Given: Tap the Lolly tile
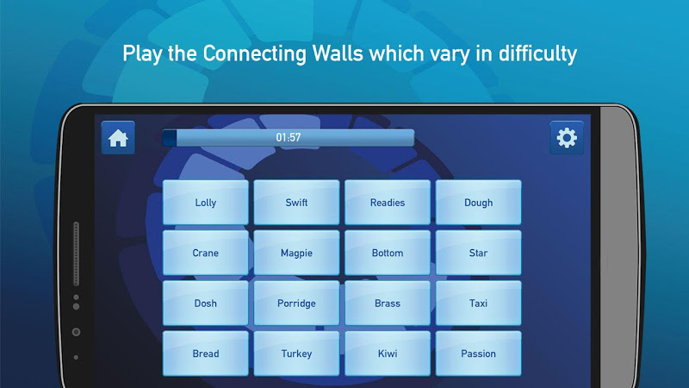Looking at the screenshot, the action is [206, 203].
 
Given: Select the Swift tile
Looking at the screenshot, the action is [296, 203].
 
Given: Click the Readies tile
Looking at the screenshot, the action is [388, 203].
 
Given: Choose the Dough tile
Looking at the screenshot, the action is [479, 203].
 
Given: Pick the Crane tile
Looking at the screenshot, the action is [206, 253].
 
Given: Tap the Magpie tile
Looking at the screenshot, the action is [296, 253].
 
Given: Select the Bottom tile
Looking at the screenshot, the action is [388, 253].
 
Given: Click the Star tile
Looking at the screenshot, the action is [479, 253].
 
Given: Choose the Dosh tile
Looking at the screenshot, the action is [206, 304].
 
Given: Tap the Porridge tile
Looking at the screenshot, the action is [296, 304].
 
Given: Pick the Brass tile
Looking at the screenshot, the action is [388, 304].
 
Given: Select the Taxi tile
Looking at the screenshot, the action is [479, 304].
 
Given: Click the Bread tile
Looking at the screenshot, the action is [206, 354].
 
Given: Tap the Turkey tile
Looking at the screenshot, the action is [296, 354].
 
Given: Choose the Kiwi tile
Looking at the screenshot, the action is [388, 354].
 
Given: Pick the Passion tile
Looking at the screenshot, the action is [479, 354].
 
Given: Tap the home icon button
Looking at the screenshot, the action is [118, 138].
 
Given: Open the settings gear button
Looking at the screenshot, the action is [567, 138].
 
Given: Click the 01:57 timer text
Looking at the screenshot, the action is [289, 138].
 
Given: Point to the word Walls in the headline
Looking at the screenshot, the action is [338, 53].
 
